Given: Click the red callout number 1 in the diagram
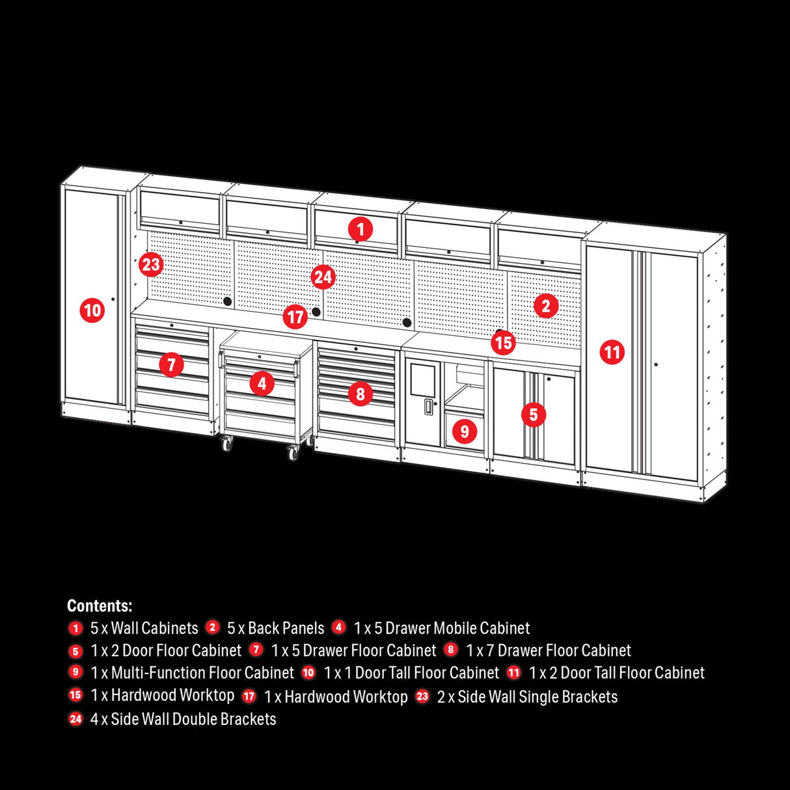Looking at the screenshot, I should click(x=360, y=229).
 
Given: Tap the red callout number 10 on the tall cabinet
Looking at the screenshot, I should click(x=92, y=310).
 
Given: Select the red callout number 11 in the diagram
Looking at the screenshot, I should click(x=612, y=353).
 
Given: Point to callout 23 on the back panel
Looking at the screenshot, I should click(x=150, y=265).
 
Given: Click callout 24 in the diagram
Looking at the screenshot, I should click(x=323, y=277).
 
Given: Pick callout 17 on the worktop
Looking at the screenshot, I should click(x=295, y=317).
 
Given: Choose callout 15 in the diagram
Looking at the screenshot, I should click(x=503, y=342).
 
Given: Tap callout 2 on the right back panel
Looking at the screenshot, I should click(x=545, y=306).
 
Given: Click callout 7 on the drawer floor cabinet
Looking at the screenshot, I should click(x=171, y=364).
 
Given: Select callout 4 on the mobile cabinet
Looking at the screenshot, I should click(x=262, y=383).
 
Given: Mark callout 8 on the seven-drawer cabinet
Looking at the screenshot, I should click(x=360, y=393).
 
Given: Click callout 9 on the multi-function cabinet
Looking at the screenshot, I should click(x=464, y=431).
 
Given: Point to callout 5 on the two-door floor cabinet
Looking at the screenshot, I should click(x=533, y=414).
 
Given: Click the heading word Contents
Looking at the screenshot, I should click(x=100, y=606).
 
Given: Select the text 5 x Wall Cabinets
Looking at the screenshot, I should click(x=144, y=628).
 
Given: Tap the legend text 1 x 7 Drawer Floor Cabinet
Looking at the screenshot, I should click(x=548, y=650).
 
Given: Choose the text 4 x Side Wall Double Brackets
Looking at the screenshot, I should click(x=183, y=719).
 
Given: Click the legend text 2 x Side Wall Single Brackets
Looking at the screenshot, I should click(x=527, y=697).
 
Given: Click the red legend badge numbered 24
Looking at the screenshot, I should click(x=75, y=719).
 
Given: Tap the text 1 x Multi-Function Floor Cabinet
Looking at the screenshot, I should click(x=192, y=672).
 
